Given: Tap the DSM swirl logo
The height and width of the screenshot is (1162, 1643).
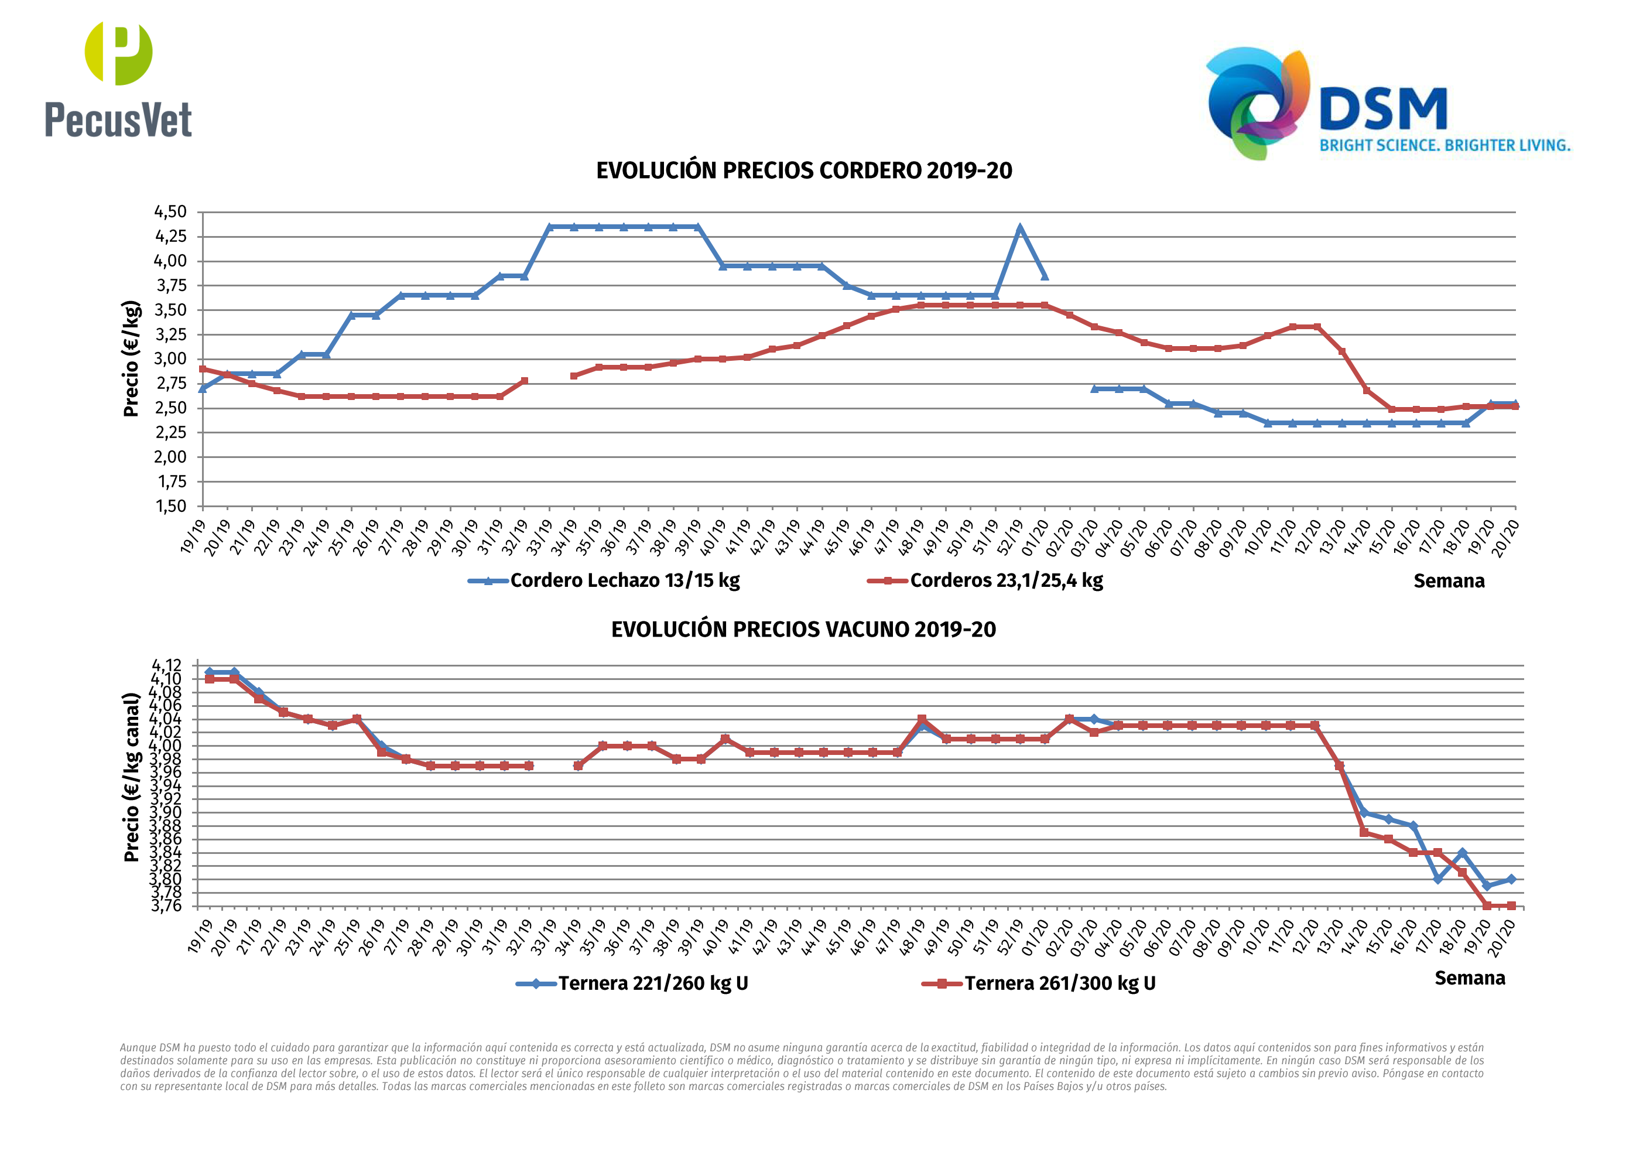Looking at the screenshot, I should click(1258, 102).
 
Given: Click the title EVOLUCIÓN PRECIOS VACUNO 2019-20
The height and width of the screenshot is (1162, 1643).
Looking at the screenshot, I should click(803, 630).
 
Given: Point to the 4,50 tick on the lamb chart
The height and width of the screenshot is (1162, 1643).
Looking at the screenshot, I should click(170, 212).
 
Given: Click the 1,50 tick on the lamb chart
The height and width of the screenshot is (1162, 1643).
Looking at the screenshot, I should click(170, 506).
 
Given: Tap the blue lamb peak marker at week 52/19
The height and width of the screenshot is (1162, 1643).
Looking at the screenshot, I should click(1020, 228).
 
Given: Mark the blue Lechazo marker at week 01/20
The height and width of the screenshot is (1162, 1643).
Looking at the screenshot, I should click(1045, 276).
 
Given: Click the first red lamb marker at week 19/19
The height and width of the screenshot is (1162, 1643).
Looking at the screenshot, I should click(203, 370).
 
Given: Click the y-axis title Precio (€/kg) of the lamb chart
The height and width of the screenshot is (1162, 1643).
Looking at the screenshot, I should click(131, 358).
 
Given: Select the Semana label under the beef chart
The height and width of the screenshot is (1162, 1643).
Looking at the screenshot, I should click(1469, 978).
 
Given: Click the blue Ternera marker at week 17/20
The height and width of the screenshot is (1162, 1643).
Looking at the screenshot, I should click(1437, 879).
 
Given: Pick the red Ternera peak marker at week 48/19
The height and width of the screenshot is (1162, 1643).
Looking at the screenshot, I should click(922, 719).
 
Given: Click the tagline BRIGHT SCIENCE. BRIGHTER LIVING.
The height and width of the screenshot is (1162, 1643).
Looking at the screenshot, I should click(1445, 145).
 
